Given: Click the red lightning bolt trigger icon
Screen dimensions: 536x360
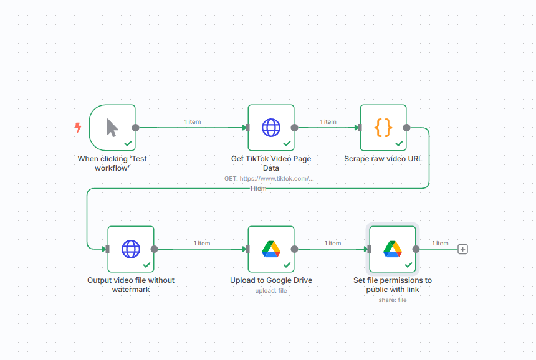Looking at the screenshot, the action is click(79, 128).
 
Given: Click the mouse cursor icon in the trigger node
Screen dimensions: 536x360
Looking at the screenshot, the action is click(112, 128).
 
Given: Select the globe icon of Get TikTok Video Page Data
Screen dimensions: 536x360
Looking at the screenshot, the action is click(271, 128).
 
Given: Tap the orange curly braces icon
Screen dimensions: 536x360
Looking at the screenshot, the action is click(383, 128).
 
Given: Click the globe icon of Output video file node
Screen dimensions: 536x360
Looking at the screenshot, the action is click(131, 249).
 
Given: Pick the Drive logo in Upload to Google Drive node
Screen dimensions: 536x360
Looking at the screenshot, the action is click(271, 249).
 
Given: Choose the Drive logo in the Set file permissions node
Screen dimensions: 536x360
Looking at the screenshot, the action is click(393, 249).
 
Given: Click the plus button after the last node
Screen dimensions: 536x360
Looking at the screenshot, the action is click(462, 249).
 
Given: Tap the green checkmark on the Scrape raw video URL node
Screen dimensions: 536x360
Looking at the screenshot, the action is click(399, 143).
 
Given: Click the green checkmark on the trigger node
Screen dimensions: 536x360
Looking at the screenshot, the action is click(128, 143).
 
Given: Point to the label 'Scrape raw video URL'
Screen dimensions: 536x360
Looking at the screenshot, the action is click(383, 158).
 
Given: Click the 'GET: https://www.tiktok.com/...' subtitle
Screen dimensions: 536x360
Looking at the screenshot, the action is click(269, 178).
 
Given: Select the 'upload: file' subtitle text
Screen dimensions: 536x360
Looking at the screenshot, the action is click(271, 291).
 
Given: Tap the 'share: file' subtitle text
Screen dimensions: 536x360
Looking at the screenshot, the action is click(393, 300).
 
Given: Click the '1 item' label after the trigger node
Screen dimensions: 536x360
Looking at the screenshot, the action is click(193, 121).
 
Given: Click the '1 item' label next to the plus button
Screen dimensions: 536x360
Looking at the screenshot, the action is click(440, 243).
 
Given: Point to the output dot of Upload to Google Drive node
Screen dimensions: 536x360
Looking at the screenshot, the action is click(294, 249).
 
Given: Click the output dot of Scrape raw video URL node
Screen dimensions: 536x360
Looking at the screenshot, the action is click(406, 128).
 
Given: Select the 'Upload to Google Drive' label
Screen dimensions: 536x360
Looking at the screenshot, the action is click(271, 280).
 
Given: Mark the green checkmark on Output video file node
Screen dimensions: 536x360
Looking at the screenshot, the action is click(146, 265).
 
